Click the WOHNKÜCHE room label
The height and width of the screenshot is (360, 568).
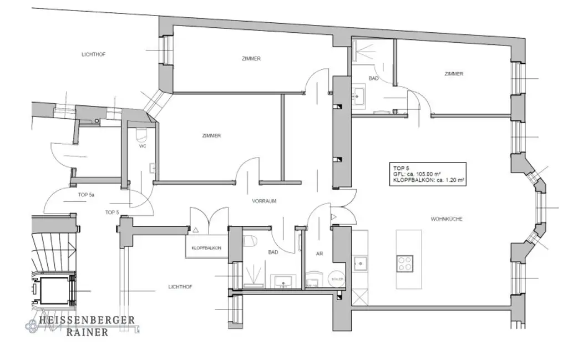[x=447, y=219]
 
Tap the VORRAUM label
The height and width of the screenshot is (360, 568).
[x=264, y=201]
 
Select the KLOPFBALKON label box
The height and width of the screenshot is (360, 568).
[x=206, y=248]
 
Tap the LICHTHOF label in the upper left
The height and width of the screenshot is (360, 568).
[x=93, y=54]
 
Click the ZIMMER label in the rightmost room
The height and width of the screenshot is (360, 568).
[x=453, y=74]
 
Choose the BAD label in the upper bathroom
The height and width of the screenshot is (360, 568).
[x=373, y=78]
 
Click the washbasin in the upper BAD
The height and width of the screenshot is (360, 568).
[x=359, y=95]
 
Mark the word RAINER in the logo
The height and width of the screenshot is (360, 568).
[x=87, y=332]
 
